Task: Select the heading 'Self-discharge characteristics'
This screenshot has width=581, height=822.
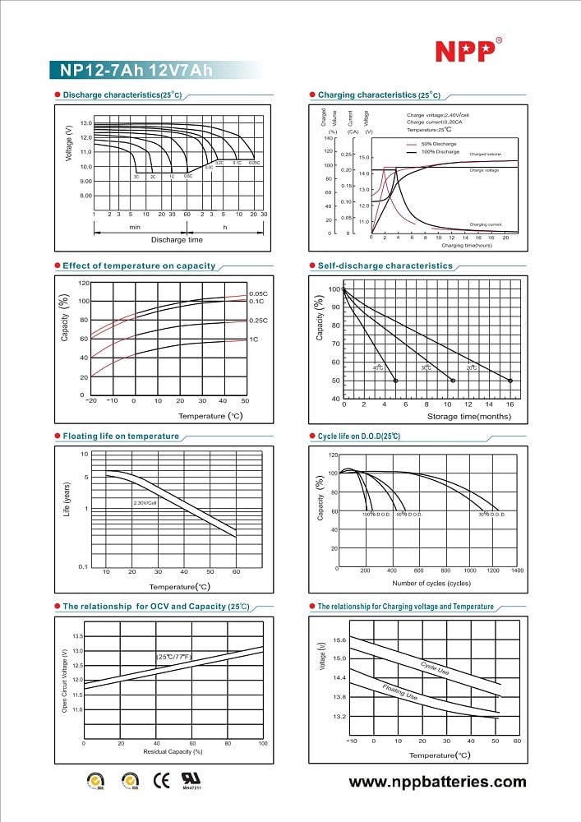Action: coord(385,266)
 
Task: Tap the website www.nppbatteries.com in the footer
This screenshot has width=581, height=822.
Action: coord(437,782)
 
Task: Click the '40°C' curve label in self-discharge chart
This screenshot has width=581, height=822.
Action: coord(378,367)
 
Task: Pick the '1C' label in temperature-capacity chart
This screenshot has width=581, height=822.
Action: coord(255,339)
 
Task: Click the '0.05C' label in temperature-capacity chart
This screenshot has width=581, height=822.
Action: coord(258,293)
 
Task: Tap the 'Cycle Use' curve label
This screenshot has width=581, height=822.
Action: coord(434,669)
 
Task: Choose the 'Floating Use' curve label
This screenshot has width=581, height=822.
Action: coord(400,690)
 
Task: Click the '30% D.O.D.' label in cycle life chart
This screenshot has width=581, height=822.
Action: coord(491,515)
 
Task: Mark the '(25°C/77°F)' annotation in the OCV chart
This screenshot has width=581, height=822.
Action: coord(173,657)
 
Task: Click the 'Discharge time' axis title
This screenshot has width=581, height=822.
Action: coord(177,239)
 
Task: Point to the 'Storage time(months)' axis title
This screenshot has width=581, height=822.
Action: coord(464,417)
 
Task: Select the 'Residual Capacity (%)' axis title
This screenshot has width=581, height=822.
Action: coord(173,751)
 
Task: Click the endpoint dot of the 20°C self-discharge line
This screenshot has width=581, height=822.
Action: coord(510,381)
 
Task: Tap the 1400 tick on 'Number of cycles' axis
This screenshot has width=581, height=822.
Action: coord(517,570)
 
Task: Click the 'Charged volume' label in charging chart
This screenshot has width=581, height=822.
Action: coord(485,154)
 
